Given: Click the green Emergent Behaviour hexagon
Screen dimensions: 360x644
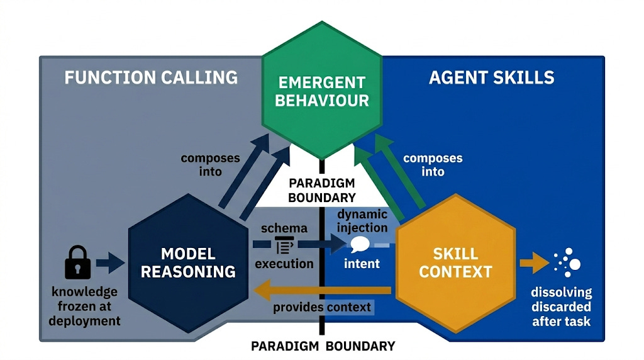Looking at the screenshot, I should click(x=322, y=91).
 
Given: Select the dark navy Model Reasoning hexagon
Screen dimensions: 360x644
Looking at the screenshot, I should click(x=188, y=262).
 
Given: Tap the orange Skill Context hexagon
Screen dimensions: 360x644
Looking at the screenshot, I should click(x=455, y=262).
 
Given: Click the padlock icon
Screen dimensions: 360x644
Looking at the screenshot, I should click(x=77, y=263).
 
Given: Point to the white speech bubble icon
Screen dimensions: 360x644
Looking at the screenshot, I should click(x=360, y=245).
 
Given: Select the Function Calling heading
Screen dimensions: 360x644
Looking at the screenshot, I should click(x=151, y=77).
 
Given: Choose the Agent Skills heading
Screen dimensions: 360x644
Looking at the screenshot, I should click(x=491, y=77).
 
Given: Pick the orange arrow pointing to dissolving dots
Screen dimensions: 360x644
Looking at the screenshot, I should click(x=534, y=262).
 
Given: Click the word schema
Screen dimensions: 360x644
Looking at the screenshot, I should click(x=284, y=228).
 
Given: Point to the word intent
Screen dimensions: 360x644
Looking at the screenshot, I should click(x=362, y=263).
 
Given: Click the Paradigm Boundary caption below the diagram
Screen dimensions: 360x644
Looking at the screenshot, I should click(x=323, y=346).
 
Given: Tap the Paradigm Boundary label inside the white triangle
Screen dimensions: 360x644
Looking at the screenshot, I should click(x=321, y=190).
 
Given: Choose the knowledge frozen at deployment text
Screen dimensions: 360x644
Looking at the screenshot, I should click(x=86, y=306).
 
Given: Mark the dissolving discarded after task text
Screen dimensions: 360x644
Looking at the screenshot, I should click(x=562, y=307).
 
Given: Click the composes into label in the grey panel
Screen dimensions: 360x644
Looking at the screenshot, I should click(x=210, y=164).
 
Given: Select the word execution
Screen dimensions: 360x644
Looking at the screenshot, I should click(x=284, y=263).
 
